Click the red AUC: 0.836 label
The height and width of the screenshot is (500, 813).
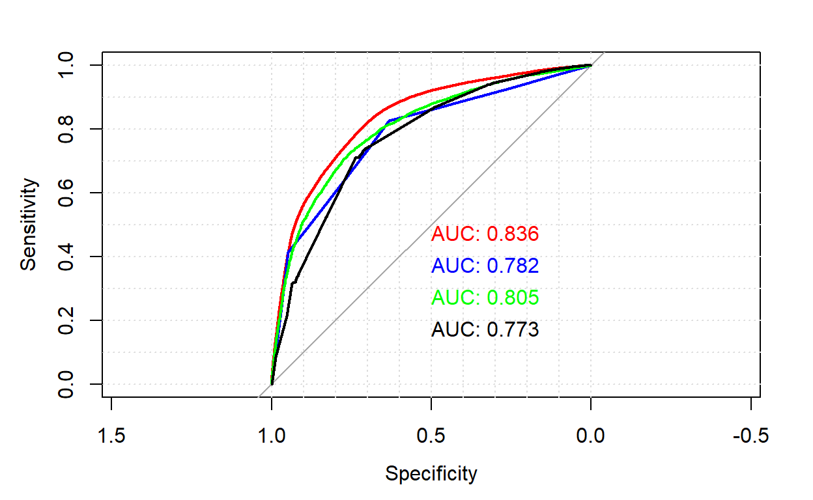click(x=485, y=234)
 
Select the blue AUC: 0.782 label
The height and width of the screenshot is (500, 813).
click(x=485, y=266)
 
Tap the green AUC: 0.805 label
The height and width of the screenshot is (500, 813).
click(x=485, y=298)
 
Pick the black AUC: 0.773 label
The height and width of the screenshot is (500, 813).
click(x=485, y=330)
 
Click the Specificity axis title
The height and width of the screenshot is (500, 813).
click(x=431, y=473)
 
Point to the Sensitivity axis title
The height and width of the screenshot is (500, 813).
click(x=29, y=225)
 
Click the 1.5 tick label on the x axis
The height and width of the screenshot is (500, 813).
click(x=111, y=436)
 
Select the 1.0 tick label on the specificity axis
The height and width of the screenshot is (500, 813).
click(x=272, y=436)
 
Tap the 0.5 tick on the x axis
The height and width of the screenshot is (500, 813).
click(x=431, y=436)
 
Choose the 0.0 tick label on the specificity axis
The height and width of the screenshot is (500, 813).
click(x=591, y=436)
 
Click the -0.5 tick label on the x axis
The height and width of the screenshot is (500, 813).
click(x=750, y=436)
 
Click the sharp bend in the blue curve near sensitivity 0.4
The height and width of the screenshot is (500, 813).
click(x=288, y=251)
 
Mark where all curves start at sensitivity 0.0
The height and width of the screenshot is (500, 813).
click(x=272, y=383)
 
